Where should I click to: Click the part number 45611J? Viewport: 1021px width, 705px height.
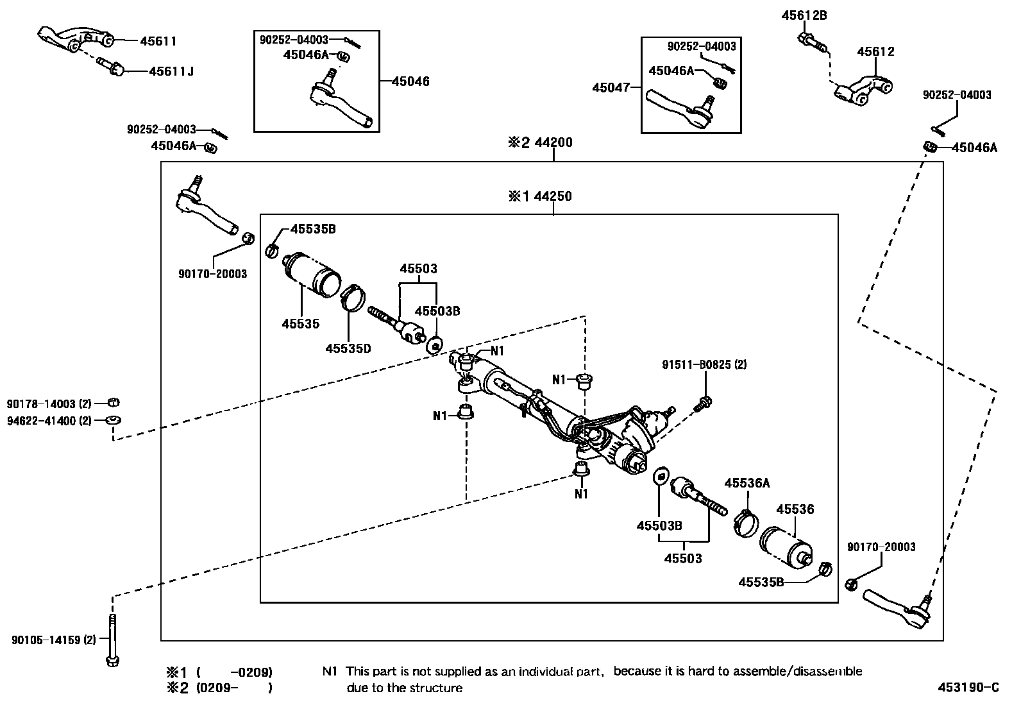(171, 71)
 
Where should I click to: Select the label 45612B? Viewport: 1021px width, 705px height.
(804, 16)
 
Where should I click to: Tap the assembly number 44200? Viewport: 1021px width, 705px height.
(553, 142)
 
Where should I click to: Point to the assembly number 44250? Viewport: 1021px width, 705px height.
(553, 196)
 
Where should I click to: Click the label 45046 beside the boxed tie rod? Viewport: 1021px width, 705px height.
(410, 81)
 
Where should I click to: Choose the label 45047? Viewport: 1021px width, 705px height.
(612, 87)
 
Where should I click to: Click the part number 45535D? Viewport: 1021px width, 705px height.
(348, 348)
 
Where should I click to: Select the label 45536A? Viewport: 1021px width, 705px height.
(747, 483)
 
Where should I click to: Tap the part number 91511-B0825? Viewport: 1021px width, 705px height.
(704, 365)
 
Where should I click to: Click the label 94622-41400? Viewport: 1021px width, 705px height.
(49, 421)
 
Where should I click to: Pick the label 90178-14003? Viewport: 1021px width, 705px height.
(49, 404)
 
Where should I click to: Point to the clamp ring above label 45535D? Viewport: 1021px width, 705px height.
(351, 296)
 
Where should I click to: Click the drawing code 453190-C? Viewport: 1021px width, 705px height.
(968, 688)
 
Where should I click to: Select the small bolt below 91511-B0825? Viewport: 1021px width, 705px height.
(704, 404)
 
